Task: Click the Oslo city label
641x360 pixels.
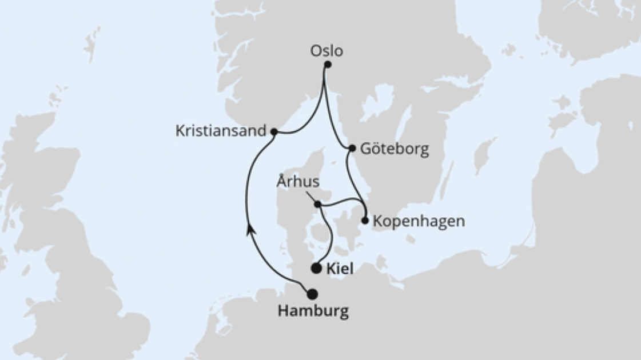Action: [x=327, y=51]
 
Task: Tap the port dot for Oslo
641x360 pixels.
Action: [x=328, y=65]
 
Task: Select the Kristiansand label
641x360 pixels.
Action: [x=221, y=131]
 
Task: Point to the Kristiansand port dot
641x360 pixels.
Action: [x=274, y=132]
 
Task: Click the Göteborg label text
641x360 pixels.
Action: [x=394, y=149]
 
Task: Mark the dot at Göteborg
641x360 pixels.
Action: [x=352, y=149]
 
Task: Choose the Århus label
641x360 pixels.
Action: [x=297, y=182]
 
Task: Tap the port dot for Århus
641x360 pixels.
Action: [x=318, y=204]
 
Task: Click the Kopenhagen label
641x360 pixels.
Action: [x=418, y=221]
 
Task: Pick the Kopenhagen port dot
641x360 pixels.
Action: [x=365, y=220]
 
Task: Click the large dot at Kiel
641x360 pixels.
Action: [x=316, y=268]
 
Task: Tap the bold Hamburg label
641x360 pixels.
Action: [x=313, y=311]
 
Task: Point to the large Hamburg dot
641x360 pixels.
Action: [x=312, y=294]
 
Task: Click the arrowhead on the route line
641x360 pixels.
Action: [x=250, y=229]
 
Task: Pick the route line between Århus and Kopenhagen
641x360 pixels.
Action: [x=343, y=201]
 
